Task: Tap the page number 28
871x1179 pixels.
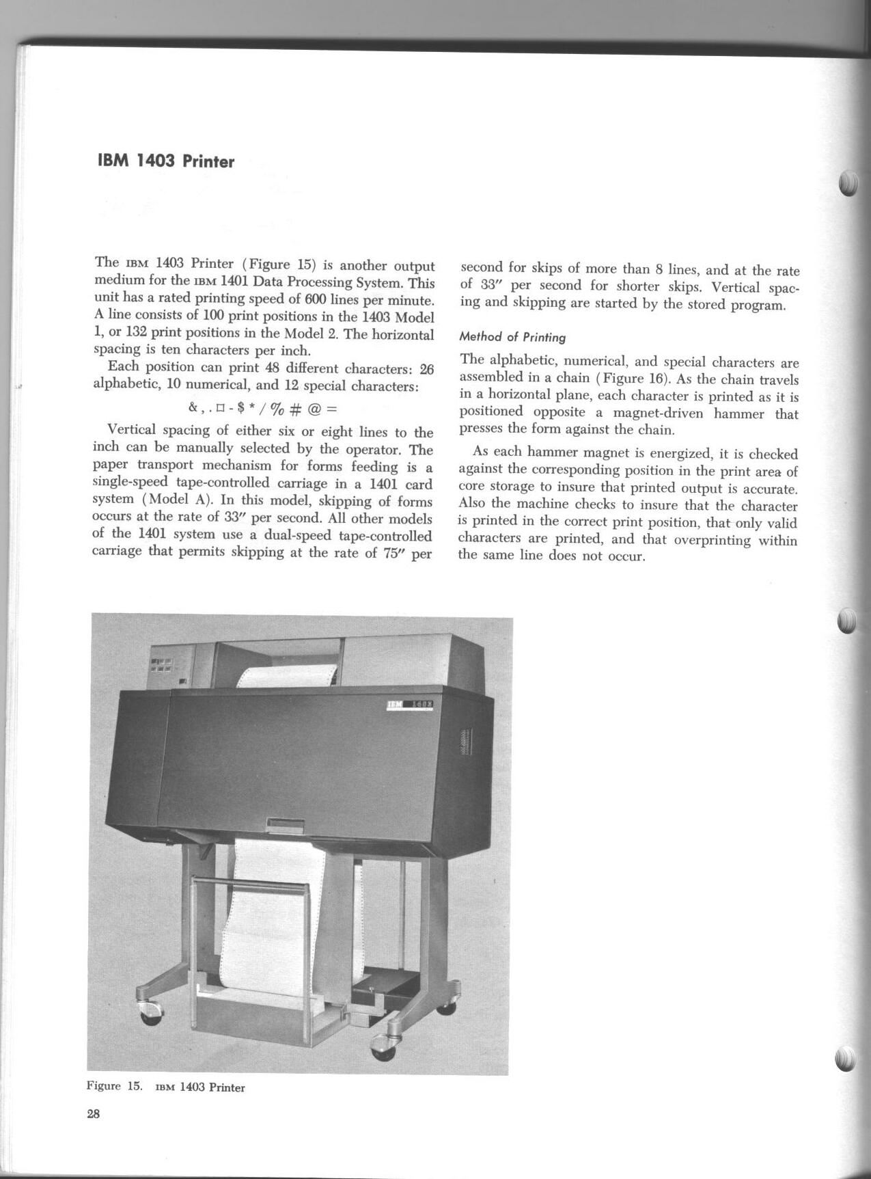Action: coord(94,1114)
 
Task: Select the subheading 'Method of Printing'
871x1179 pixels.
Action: coord(512,337)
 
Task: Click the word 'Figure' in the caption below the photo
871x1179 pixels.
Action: coord(104,1085)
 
